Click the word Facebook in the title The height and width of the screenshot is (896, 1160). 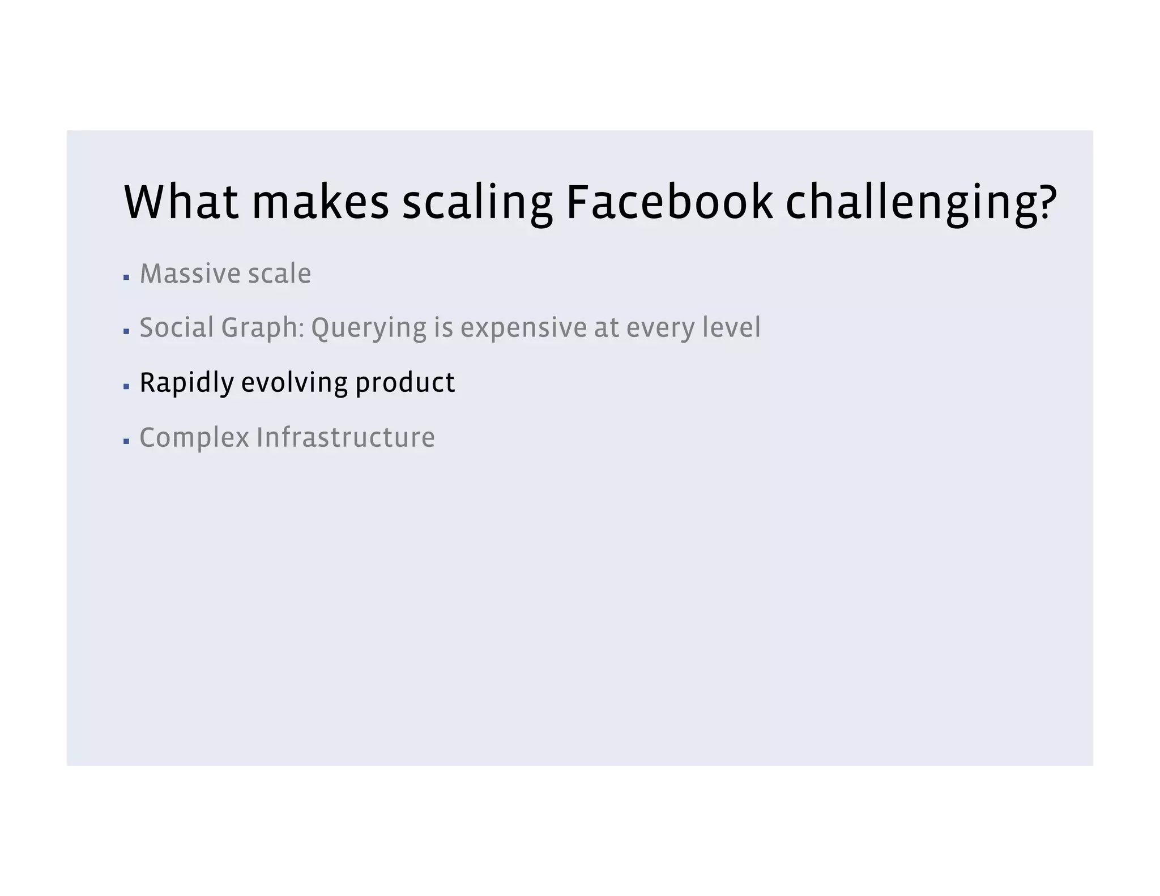[669, 202]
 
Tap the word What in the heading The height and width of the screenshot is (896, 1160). [181, 202]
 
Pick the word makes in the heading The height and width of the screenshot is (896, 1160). [321, 202]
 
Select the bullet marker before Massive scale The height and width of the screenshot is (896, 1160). [126, 278]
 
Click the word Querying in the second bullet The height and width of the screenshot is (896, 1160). [368, 328]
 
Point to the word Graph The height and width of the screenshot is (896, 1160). [260, 328]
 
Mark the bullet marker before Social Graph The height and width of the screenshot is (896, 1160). [126, 331]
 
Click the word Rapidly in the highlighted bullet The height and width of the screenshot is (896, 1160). [186, 383]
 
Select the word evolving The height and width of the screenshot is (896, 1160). [294, 383]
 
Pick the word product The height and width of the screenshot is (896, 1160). [405, 383]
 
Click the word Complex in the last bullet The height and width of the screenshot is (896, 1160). [194, 438]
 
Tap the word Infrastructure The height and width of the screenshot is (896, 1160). [346, 437]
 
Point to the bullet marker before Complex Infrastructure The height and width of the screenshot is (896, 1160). [126, 441]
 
